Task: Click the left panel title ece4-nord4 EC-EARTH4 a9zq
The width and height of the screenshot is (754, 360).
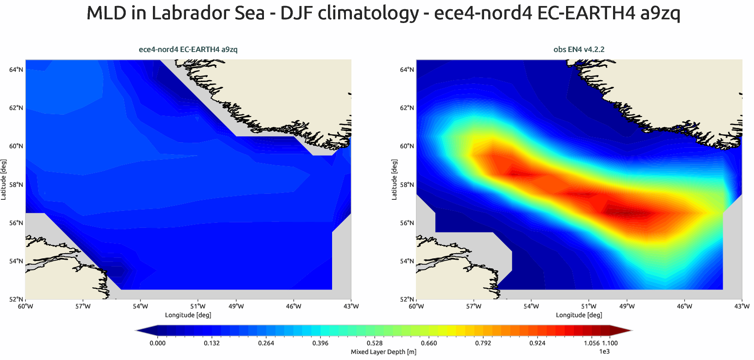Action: (188, 49)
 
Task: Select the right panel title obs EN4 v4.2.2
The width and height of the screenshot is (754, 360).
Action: (579, 49)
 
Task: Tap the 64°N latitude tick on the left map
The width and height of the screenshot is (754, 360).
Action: (16, 70)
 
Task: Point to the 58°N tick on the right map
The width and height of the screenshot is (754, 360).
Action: (407, 185)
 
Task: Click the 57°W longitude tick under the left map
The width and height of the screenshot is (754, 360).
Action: (83, 306)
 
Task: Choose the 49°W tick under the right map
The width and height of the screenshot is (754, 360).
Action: (627, 306)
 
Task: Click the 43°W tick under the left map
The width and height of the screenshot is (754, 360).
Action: (351, 306)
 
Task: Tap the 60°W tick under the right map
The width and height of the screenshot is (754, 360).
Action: (416, 306)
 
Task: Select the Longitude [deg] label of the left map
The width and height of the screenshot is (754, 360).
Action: (188, 315)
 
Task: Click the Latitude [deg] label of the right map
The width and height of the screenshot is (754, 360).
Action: (394, 180)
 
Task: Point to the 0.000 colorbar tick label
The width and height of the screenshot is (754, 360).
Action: (158, 343)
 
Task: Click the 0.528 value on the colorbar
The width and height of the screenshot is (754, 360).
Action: (374, 343)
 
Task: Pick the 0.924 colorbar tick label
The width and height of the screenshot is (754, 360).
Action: (537, 343)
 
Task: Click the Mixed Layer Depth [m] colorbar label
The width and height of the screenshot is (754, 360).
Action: (383, 352)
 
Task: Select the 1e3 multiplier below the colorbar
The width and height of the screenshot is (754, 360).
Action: (604, 352)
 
